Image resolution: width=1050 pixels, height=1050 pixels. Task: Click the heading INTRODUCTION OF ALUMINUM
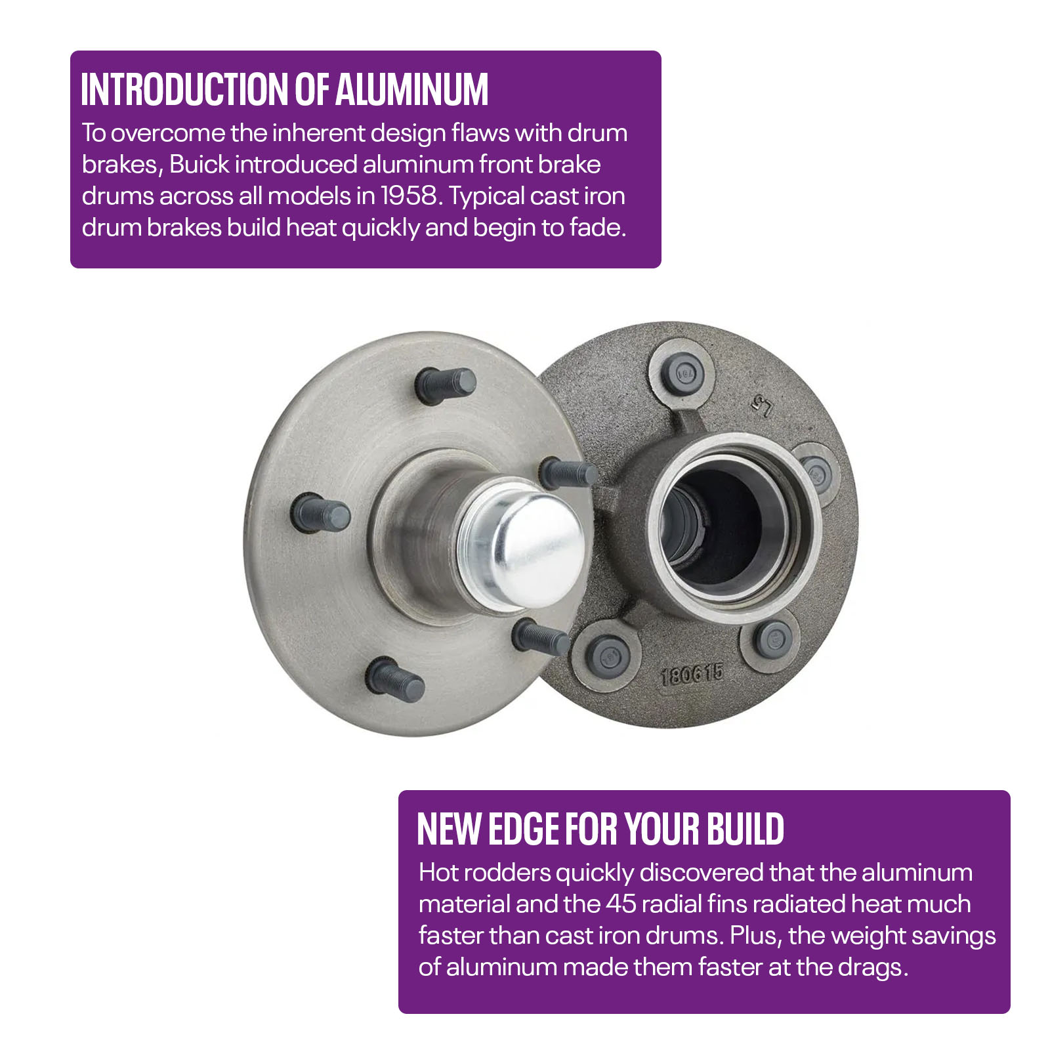[285, 89]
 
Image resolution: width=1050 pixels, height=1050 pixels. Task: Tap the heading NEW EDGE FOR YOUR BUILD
[600, 829]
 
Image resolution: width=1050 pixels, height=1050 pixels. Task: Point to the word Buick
[199, 164]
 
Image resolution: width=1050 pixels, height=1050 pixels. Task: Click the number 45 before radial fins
[621, 904]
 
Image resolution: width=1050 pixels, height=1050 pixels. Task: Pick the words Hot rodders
[485, 872]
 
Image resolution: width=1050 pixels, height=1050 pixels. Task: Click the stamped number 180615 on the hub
[692, 674]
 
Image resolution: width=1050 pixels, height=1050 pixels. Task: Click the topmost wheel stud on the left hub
[446, 384]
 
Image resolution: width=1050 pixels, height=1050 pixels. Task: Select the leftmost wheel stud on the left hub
[320, 513]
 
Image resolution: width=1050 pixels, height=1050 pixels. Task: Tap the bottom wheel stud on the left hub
[395, 679]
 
